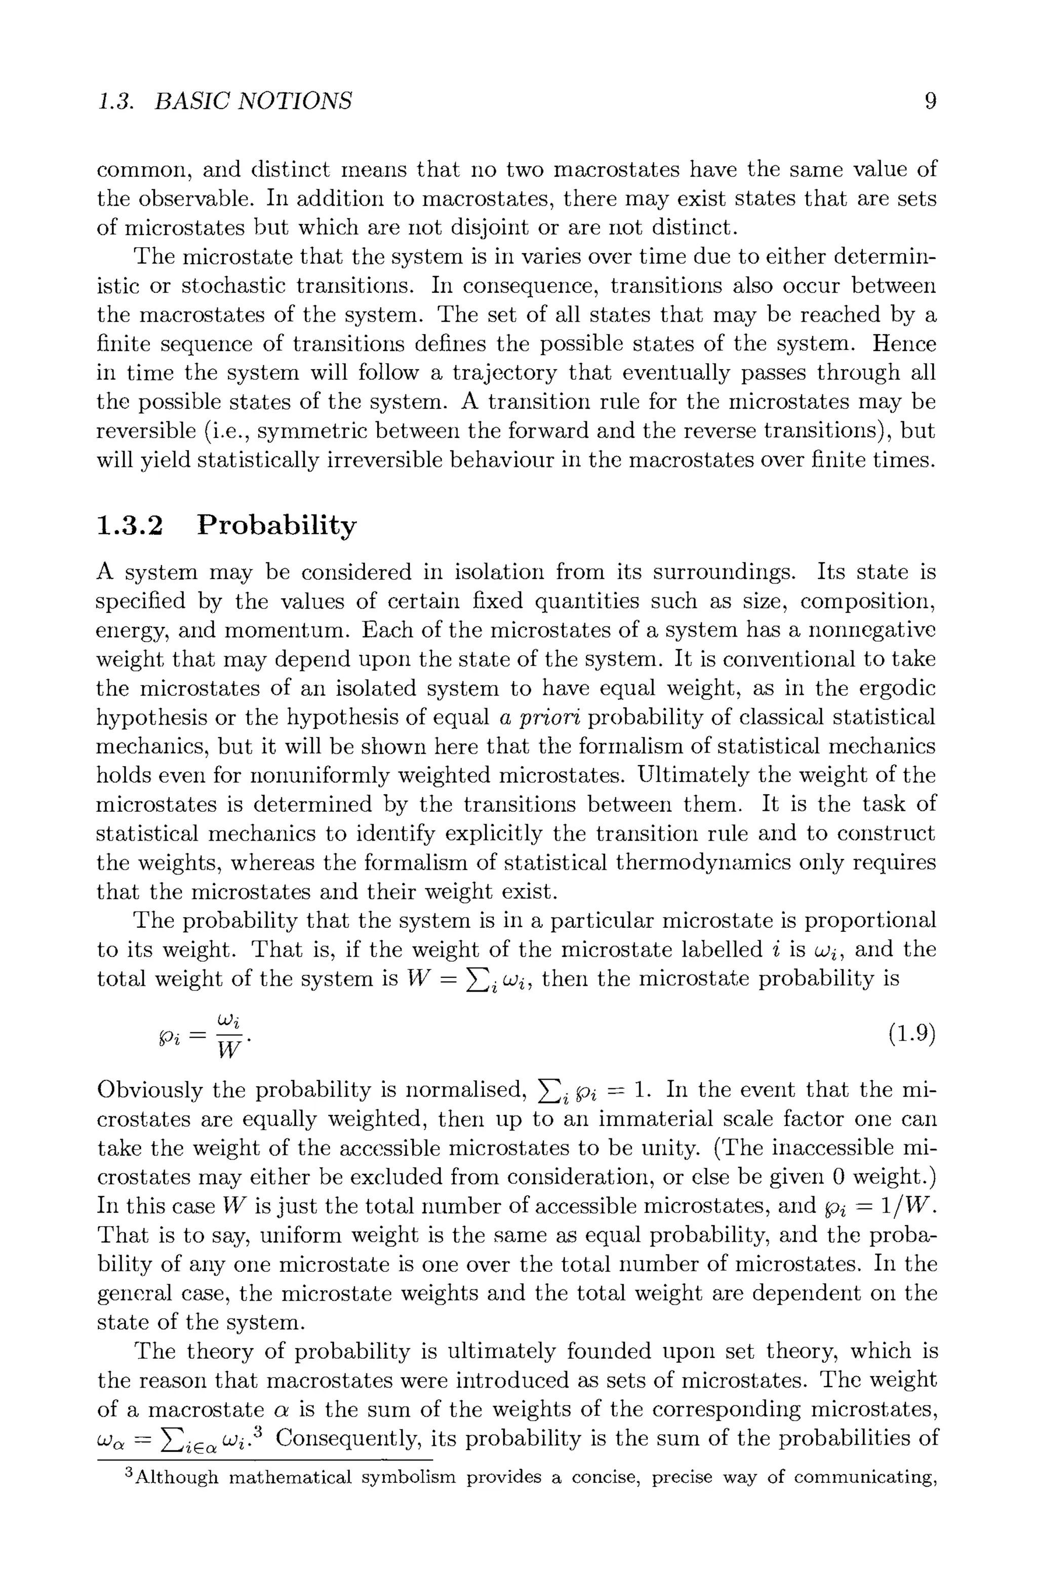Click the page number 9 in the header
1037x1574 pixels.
[x=930, y=101]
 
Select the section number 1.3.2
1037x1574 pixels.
[x=129, y=525]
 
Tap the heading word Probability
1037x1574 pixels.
[x=276, y=526]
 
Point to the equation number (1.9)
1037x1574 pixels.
[x=912, y=1034]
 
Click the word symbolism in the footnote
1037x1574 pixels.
[x=413, y=1477]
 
